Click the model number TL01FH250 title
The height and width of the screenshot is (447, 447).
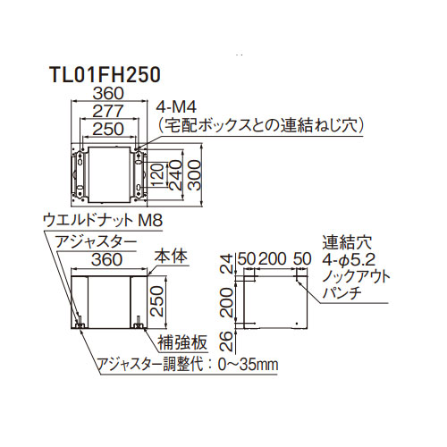tap(105, 74)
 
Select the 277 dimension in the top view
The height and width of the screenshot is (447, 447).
tap(108, 111)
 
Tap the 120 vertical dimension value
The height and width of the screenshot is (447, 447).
tap(158, 174)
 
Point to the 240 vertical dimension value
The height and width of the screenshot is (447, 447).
tap(176, 175)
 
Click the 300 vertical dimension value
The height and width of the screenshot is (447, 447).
tap(195, 175)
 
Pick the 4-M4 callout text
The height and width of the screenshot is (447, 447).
tap(177, 107)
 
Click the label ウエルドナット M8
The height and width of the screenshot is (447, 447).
tap(103, 221)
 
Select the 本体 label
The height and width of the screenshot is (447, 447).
tap(171, 257)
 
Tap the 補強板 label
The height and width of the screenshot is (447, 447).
tap(182, 342)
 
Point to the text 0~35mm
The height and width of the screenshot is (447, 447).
tap(248, 365)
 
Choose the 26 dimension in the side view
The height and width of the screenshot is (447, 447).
tap(227, 341)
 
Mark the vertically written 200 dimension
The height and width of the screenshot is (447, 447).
tap(227, 301)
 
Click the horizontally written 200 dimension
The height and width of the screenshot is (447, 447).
tap(273, 258)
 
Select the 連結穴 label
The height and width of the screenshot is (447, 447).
tap(347, 243)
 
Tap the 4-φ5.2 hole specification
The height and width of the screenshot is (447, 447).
tap(349, 260)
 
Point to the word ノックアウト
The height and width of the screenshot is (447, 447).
tap(356, 276)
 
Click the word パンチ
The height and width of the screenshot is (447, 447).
tap(342, 293)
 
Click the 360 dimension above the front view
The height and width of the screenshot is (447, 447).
tap(107, 259)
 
